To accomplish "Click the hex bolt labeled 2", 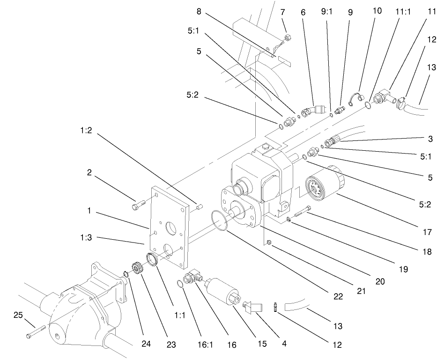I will [138, 205].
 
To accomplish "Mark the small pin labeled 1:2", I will [199, 206].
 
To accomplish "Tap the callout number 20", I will [380, 281].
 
